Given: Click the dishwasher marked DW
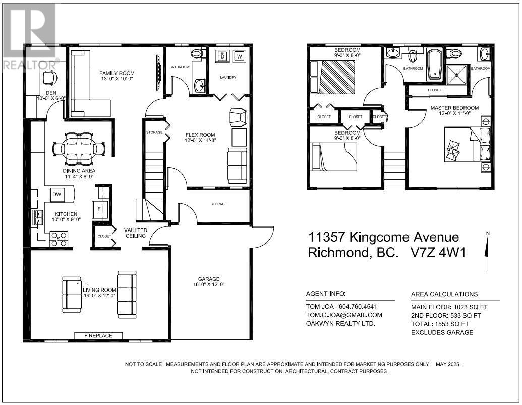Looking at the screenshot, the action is (x=57, y=194).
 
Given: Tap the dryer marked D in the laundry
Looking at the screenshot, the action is (x=222, y=56).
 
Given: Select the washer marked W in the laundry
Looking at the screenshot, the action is (x=239, y=56).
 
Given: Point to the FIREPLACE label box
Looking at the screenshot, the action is (x=98, y=336).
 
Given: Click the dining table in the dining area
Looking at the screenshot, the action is (x=79, y=149).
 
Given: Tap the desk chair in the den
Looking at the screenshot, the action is (x=50, y=78).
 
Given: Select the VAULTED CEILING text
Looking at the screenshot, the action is (x=136, y=233).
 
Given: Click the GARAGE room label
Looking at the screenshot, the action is (x=209, y=279).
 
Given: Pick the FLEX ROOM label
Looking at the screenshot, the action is (x=200, y=135).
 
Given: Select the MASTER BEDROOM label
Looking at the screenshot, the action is (x=454, y=108).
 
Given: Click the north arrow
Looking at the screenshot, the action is (x=487, y=251).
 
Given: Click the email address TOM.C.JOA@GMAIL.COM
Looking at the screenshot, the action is (x=344, y=315).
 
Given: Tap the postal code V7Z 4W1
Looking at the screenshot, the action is (x=438, y=253).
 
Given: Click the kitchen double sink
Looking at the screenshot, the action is (x=37, y=217).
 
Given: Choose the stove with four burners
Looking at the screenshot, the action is (x=59, y=239).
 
